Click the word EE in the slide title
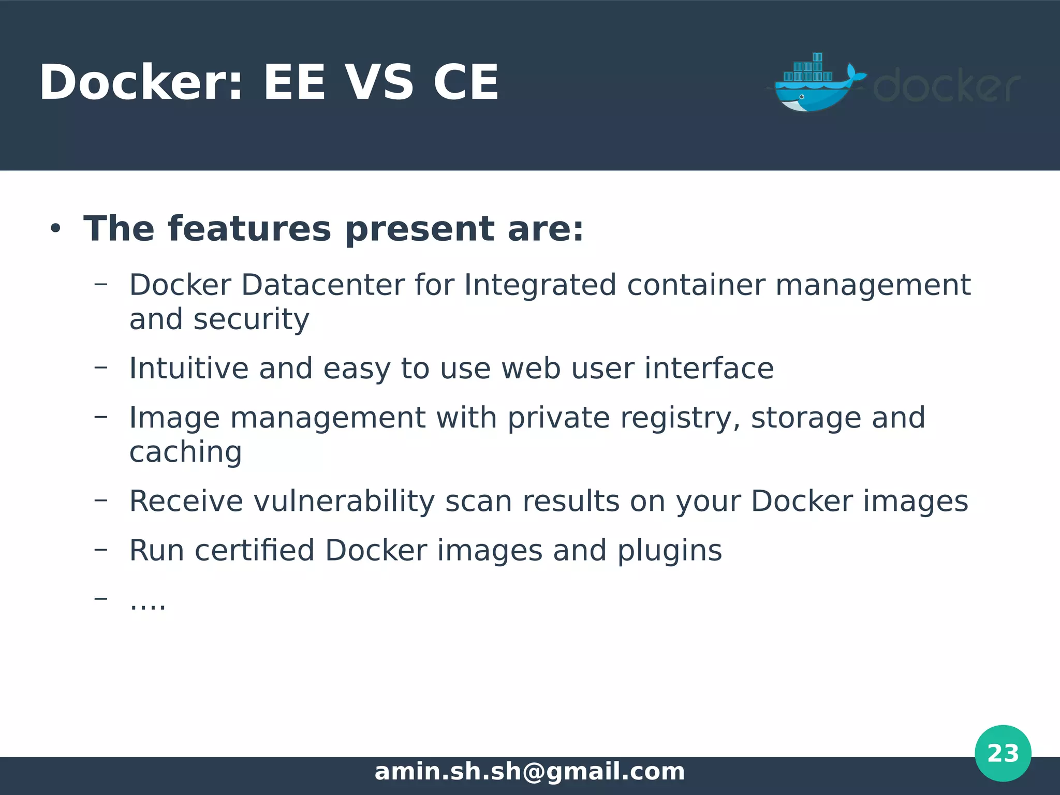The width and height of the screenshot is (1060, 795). click(x=294, y=83)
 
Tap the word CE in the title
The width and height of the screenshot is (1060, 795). click(x=466, y=83)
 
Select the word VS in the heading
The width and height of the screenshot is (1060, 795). click(x=379, y=83)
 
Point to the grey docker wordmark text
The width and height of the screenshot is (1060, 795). click(x=946, y=86)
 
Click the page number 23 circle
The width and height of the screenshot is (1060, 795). click(x=1003, y=753)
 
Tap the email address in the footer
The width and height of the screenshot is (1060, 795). click(x=529, y=772)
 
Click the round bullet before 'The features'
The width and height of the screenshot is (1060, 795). click(x=55, y=229)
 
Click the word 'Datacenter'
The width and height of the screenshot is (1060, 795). click(x=323, y=285)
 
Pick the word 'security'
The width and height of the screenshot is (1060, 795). click(x=252, y=320)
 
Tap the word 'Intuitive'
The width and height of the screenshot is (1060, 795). click(x=188, y=369)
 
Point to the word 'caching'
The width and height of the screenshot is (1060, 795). click(x=185, y=452)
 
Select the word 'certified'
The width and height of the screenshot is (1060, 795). click(x=255, y=550)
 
